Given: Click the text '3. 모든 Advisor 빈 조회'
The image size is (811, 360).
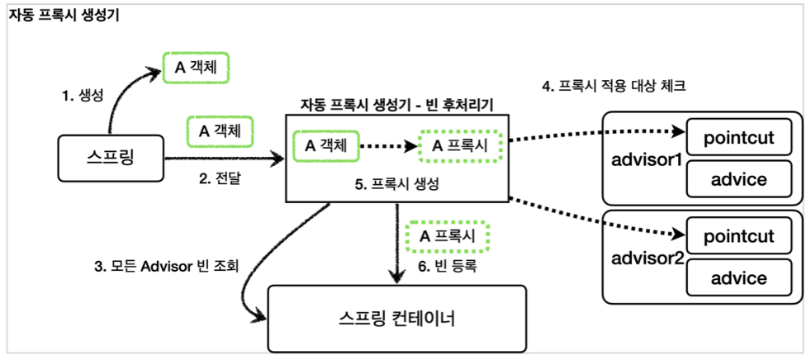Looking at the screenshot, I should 166,267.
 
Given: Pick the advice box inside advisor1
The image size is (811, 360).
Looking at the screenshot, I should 740,178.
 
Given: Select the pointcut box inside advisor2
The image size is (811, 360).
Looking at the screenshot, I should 740,237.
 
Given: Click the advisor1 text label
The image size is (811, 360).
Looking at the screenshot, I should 646,157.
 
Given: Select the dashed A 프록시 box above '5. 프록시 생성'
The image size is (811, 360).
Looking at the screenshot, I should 460,145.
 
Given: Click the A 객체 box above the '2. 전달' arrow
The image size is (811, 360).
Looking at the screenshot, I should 221,130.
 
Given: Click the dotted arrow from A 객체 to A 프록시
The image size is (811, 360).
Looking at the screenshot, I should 388,146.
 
